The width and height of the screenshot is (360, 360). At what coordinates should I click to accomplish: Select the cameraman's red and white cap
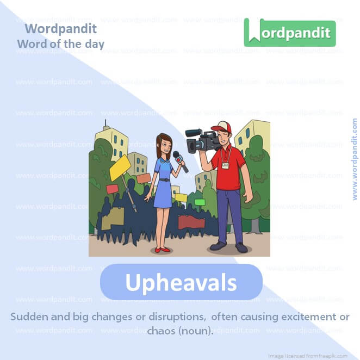coord(222,129)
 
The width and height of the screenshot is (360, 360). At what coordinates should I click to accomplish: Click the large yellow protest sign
coord(120,167)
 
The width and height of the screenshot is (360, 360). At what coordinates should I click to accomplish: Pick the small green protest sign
coord(200,202)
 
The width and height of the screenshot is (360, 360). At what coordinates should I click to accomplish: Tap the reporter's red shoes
coord(162,250)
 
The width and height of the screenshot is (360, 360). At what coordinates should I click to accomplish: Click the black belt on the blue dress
coord(164,179)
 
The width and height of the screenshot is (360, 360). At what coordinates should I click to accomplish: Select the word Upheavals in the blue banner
coord(181,283)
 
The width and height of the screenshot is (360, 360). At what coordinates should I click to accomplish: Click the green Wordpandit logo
coord(289,32)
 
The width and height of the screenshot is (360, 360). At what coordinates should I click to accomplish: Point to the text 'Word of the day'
coord(60,44)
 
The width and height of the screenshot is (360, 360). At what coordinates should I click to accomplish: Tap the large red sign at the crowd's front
coord(191,222)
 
